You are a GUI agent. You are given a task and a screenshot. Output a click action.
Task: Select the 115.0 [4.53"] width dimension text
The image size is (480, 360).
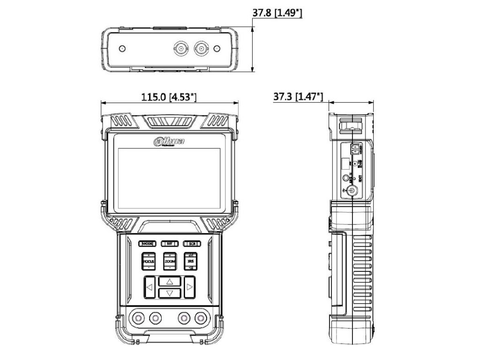(170, 97)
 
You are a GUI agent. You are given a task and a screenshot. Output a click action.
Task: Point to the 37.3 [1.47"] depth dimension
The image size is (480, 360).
(298, 97)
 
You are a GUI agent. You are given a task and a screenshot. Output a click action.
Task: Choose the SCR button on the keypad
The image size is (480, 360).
(191, 244)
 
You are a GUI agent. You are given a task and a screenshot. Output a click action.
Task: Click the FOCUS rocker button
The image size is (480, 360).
(149, 261)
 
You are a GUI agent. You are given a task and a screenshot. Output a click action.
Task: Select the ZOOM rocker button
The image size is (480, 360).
(170, 261)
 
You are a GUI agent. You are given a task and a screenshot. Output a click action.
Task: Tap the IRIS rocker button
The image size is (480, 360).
(191, 261)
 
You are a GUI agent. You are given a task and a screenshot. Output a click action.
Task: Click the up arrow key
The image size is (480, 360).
(170, 282)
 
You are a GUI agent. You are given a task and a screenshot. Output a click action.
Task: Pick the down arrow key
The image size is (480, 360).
(170, 293)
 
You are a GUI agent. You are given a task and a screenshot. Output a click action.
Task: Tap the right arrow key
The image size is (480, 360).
(189, 287)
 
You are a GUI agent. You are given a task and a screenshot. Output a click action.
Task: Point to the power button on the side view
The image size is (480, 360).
(351, 191)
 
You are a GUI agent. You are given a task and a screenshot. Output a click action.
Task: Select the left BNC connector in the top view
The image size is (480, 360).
(180, 48)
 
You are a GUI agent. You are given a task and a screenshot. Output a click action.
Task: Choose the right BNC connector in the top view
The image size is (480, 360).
(202, 48)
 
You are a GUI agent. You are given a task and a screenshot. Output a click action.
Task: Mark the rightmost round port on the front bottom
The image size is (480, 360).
(202, 318)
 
